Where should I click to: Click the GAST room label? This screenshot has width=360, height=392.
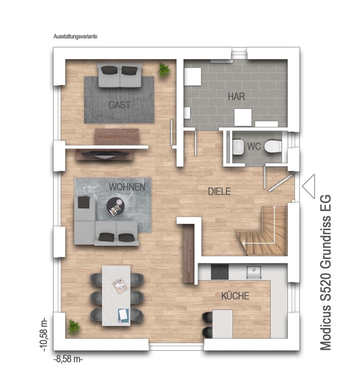[x=119, y=105]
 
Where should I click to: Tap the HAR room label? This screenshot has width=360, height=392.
[x=236, y=97]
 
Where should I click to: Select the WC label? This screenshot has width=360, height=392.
[x=254, y=146]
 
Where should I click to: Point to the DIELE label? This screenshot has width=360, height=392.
[x=219, y=191]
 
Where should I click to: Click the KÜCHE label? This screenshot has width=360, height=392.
[x=235, y=296]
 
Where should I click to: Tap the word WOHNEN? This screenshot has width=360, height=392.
[x=127, y=187]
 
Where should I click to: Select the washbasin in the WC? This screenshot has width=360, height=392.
[x=238, y=147]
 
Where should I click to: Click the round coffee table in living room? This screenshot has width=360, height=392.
[x=115, y=206]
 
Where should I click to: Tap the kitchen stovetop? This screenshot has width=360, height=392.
[x=219, y=272]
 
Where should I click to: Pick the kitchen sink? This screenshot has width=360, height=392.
[x=254, y=271]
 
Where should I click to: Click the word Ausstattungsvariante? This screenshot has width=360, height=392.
[x=75, y=37]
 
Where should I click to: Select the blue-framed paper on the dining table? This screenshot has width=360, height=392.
[x=124, y=315]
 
